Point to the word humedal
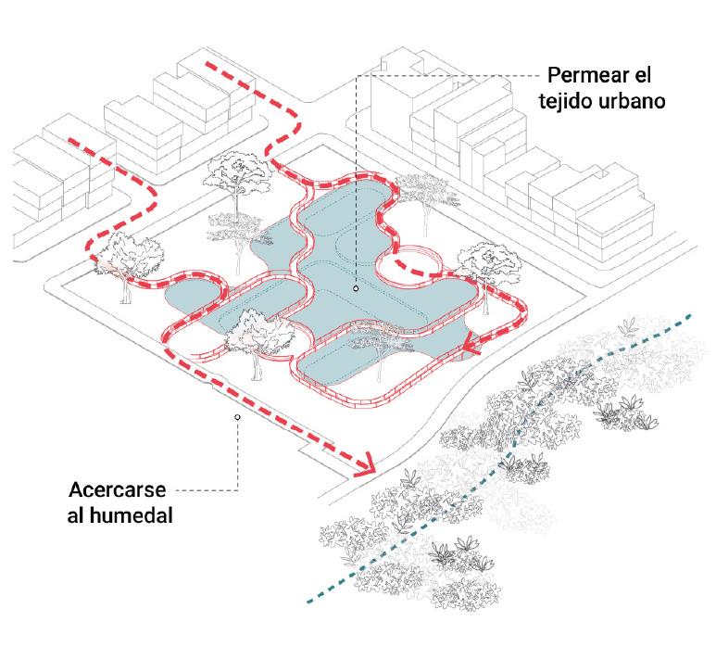click(x=135, y=514)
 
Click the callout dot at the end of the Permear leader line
click(x=355, y=289)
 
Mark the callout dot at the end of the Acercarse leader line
click(x=238, y=417)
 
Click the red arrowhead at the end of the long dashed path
click(x=371, y=464)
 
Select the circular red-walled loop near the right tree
click(x=413, y=259)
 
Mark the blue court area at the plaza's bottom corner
click(x=347, y=366)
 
